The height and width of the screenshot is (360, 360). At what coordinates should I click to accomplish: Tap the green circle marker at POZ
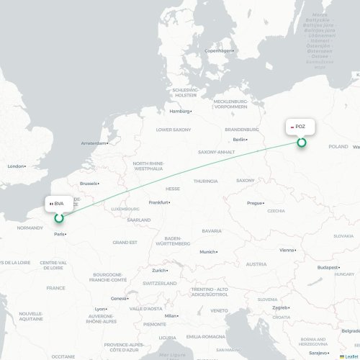[302, 142]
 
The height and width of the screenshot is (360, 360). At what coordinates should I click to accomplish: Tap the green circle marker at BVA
[59, 217]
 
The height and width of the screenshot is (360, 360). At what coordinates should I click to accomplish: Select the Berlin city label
[240, 139]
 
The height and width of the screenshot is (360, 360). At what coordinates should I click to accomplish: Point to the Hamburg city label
[179, 112]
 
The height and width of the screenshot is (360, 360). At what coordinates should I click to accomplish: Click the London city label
[16, 166]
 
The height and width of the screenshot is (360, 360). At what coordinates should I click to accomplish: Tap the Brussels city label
[89, 184]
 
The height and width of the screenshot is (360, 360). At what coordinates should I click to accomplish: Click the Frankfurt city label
[158, 202]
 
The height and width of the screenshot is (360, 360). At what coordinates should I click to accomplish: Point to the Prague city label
[255, 203]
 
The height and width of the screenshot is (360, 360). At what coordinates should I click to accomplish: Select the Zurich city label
[158, 271]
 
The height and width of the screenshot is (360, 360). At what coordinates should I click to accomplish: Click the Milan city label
[171, 315]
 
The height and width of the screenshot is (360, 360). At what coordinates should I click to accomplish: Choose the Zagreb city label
[280, 307]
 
